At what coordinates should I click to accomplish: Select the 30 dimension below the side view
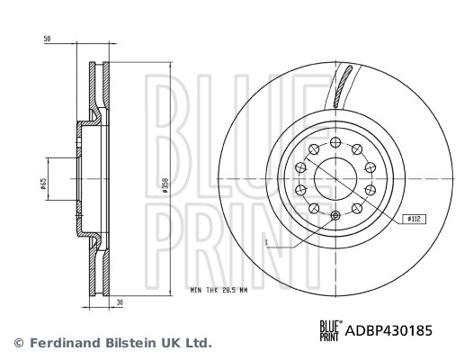coord(119,303)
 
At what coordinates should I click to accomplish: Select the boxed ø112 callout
coord(415,219)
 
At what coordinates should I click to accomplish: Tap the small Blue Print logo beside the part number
coord(331,331)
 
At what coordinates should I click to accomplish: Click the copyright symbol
coord(17,343)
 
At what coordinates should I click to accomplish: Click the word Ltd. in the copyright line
coord(198,343)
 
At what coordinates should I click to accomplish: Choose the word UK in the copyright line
coord(171,343)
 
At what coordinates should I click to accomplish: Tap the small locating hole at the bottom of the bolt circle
coord(336,215)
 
